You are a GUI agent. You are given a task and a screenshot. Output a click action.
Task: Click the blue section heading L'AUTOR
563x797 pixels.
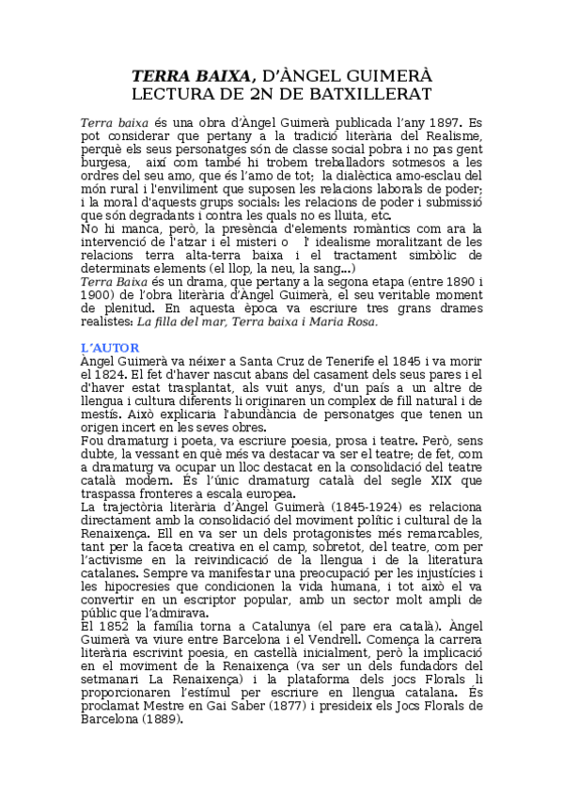[111, 348]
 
